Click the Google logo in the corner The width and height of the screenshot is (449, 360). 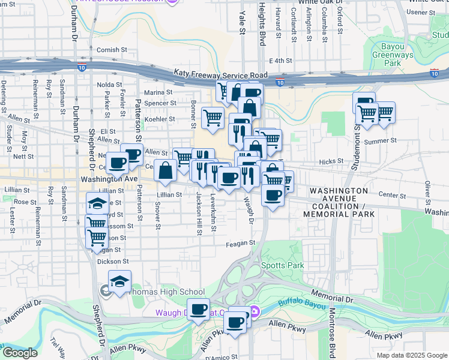point(19,353)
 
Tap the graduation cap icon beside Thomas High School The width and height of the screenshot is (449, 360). point(120,281)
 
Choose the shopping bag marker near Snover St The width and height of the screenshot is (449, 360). point(166,170)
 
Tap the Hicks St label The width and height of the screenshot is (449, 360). point(330,162)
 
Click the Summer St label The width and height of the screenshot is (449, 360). point(377,142)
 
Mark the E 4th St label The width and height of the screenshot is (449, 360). point(280,61)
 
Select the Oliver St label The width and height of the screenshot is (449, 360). point(428,192)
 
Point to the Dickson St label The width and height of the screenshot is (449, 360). point(113,262)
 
